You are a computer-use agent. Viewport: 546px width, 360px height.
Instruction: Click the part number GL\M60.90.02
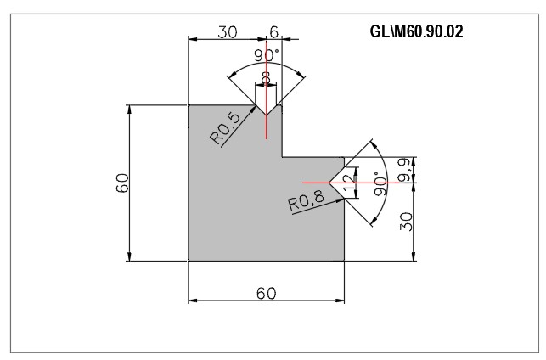[416, 31]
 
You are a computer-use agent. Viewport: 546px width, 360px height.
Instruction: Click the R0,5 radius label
[225, 128]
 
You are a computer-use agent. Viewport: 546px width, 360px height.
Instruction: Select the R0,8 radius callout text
[306, 200]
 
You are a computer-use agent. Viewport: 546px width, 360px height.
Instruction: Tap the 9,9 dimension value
[405, 171]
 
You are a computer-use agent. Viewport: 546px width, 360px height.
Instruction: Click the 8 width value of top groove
[265, 78]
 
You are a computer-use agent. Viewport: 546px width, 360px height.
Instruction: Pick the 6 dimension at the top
[274, 32]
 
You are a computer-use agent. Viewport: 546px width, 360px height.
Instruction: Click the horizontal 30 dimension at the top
[228, 32]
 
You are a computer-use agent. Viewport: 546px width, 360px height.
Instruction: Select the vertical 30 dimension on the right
[406, 222]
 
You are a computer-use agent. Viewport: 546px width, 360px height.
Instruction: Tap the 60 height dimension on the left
[122, 183]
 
